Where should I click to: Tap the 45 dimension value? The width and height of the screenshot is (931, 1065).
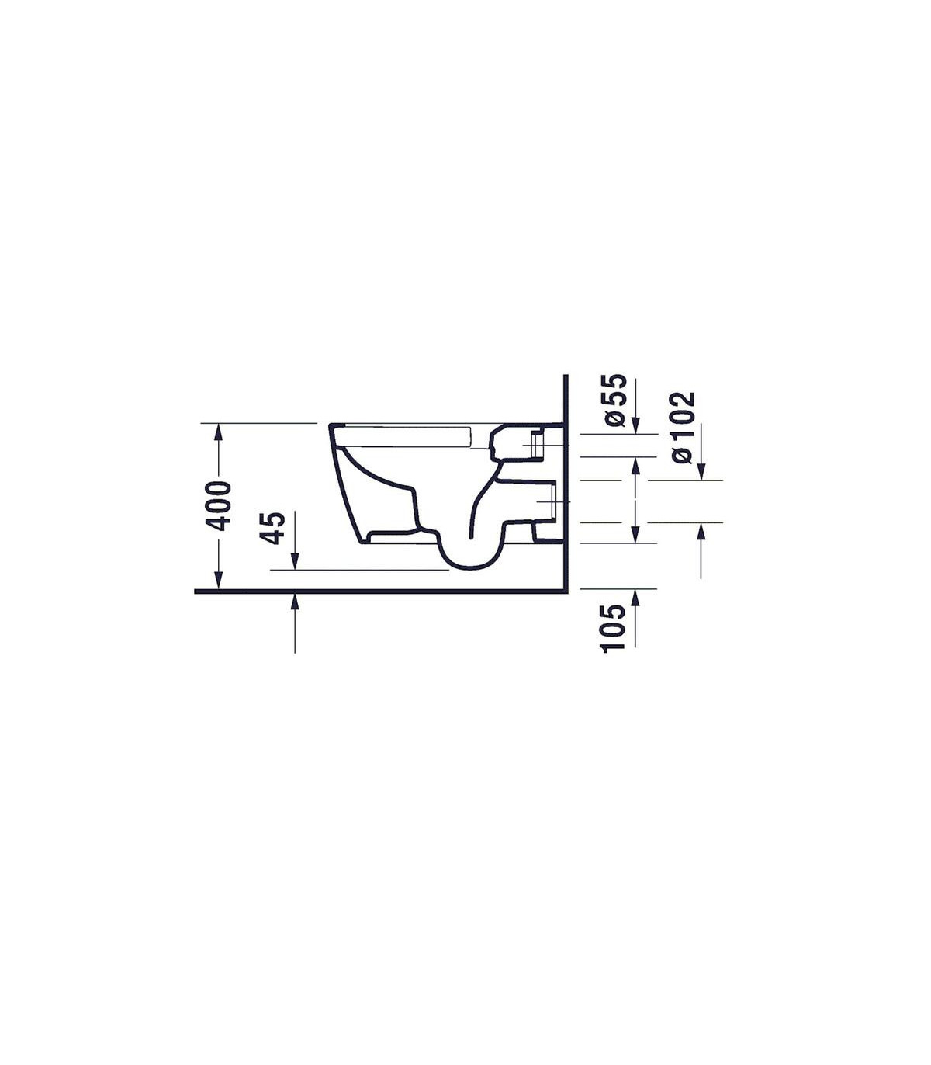point(273,529)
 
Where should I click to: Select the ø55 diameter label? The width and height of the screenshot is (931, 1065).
point(615,400)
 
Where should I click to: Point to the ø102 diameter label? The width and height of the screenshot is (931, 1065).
point(683,427)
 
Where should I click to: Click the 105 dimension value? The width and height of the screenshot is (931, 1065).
point(613,628)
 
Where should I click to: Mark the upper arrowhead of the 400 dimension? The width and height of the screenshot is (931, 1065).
point(219,432)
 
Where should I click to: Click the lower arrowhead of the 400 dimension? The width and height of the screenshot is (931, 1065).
point(219,581)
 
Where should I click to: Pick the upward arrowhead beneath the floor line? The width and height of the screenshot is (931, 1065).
point(295,602)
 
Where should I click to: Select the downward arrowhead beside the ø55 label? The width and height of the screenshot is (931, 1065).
point(635,425)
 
